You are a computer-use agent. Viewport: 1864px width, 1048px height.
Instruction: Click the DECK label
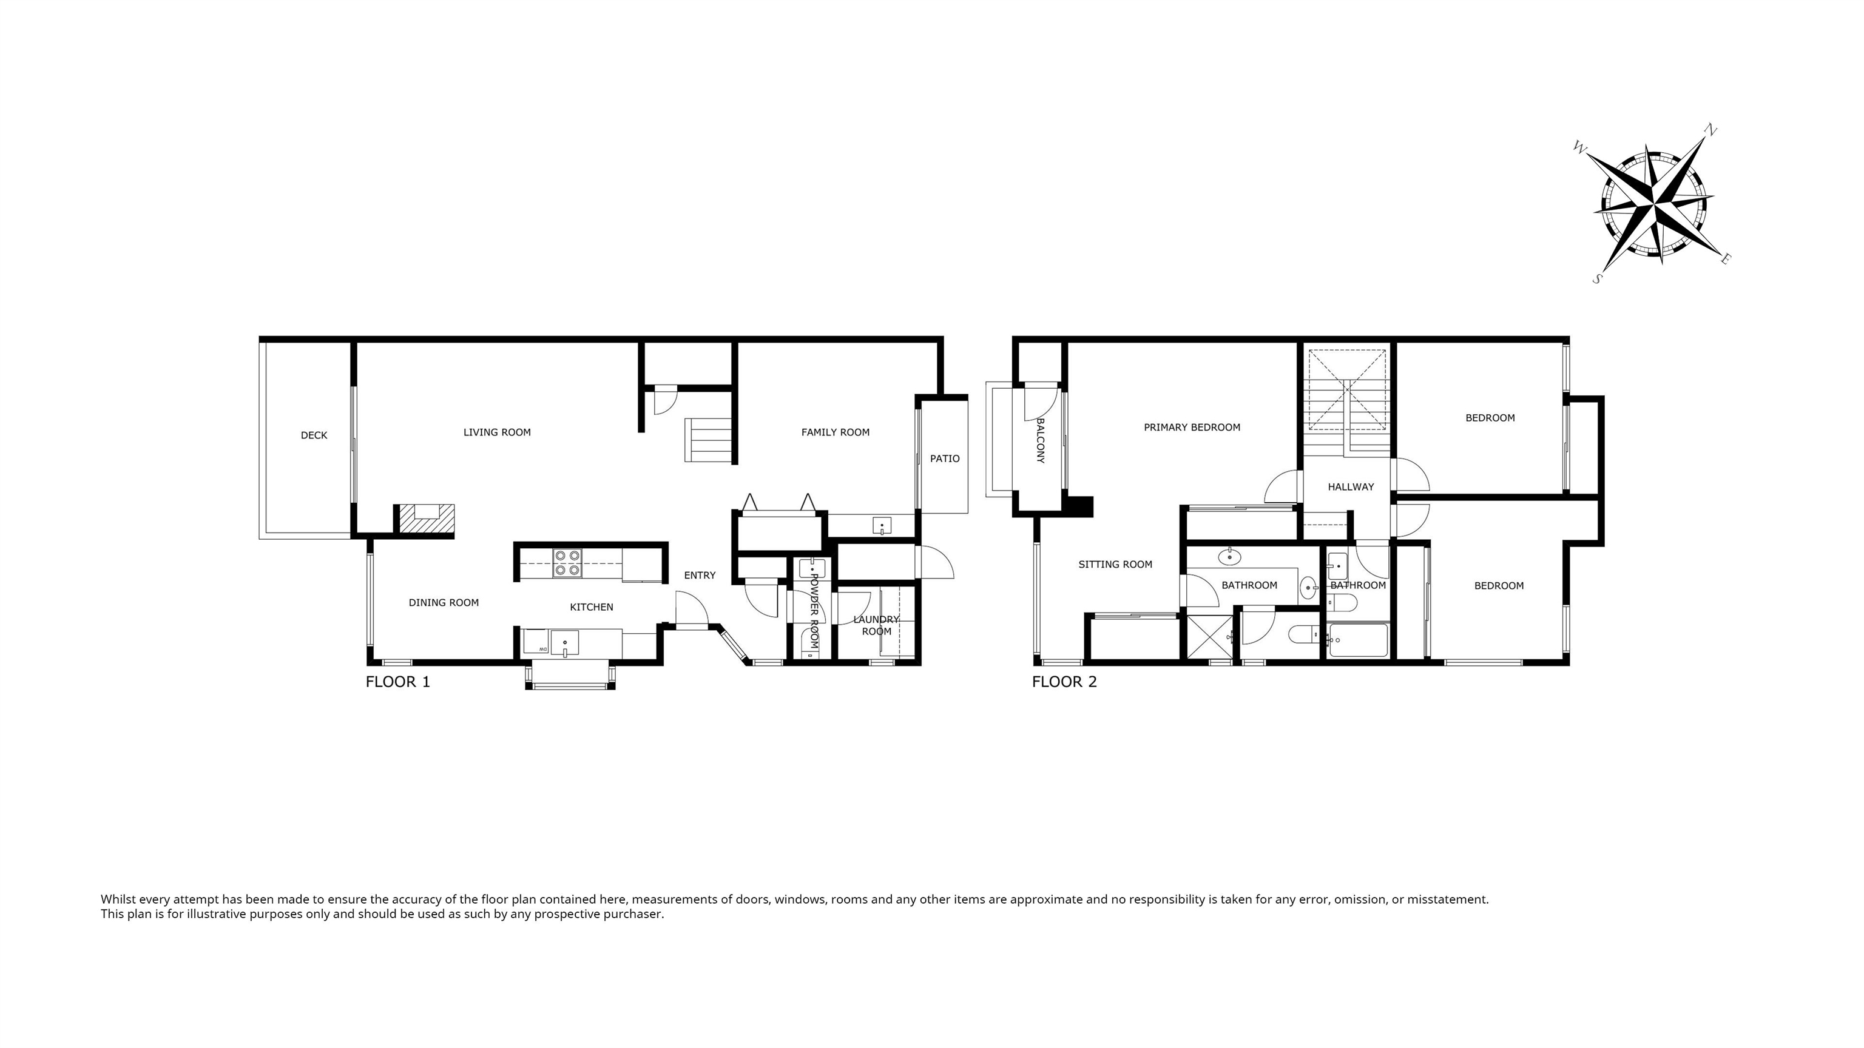tap(314, 435)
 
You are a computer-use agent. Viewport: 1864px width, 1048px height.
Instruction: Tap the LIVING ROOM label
tap(497, 432)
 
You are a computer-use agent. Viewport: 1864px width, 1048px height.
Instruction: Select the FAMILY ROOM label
tap(835, 432)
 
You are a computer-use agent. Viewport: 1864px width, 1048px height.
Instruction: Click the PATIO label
tap(944, 458)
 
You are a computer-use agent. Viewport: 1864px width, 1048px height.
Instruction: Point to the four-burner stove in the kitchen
tap(567, 563)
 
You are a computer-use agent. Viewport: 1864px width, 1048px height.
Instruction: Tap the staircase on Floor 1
tap(709, 440)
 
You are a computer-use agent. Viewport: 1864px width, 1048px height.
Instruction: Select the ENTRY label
tap(700, 576)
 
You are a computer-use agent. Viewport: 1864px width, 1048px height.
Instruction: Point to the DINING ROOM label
tap(444, 602)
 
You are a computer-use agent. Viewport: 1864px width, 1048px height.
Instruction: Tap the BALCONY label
tap(1041, 440)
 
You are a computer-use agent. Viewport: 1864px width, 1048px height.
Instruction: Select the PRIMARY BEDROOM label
tap(1192, 428)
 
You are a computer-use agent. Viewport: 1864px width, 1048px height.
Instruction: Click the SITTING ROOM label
tap(1115, 565)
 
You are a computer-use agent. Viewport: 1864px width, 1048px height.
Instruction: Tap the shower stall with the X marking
tap(1209, 636)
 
